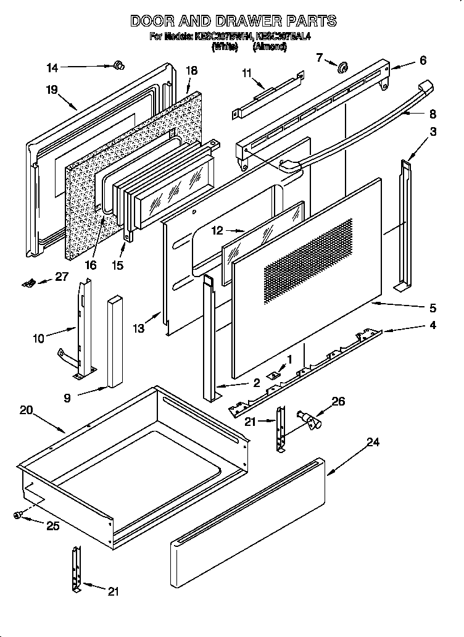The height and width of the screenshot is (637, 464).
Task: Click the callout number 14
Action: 52,67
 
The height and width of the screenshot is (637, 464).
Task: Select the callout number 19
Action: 51,90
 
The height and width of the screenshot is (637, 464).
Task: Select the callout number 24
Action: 372,442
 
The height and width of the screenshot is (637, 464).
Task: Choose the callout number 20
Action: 26,410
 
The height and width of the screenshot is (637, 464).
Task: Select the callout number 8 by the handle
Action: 433,114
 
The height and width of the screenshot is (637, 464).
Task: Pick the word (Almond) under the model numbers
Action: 270,47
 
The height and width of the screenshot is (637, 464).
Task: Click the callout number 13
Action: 138,328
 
